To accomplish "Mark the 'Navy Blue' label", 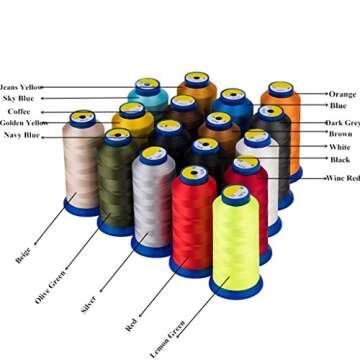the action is [x=22, y=134].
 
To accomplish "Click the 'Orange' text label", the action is [x=341, y=94].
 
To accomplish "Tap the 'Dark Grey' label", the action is [x=343, y=122].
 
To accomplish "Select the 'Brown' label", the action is [x=340, y=134].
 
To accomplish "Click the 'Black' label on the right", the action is [x=340, y=159].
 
